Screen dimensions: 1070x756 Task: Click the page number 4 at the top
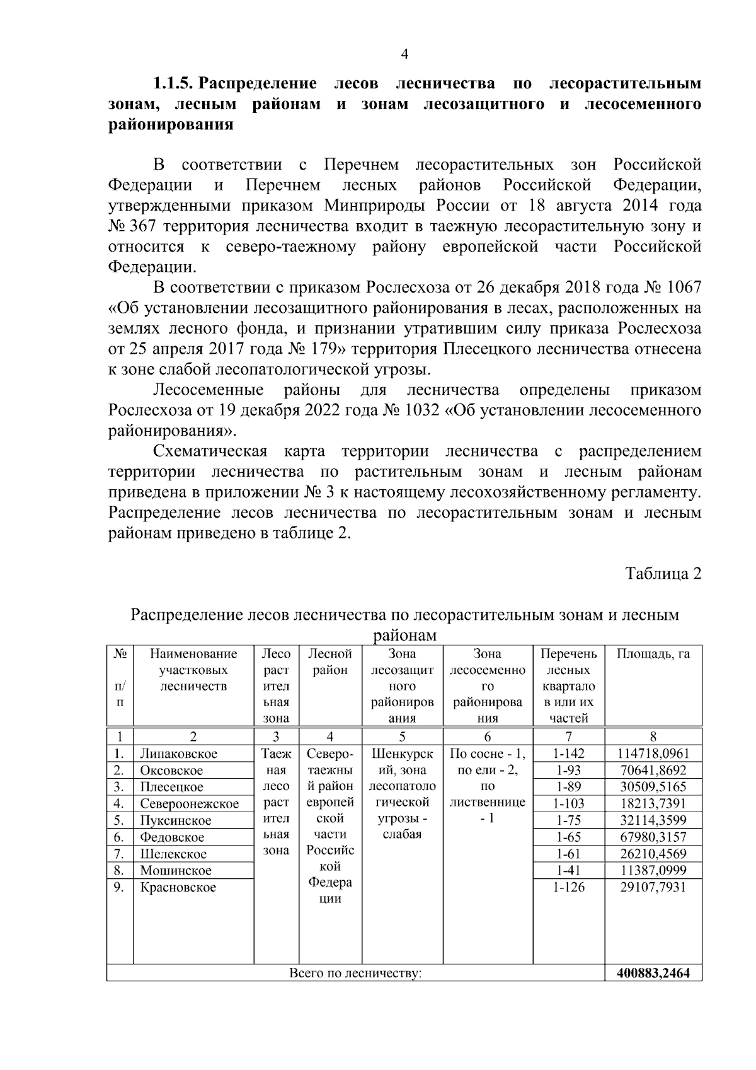(x=404, y=55)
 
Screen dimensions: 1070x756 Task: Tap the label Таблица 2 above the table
(x=663, y=574)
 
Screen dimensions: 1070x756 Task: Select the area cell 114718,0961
(x=653, y=753)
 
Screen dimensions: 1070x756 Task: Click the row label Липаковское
(x=178, y=753)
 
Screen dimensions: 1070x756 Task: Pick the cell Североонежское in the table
(x=189, y=804)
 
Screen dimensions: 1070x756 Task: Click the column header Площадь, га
(x=653, y=654)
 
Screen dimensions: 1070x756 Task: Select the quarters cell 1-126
(x=569, y=887)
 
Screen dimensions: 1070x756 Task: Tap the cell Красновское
(x=178, y=887)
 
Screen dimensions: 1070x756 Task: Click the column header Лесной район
(x=330, y=662)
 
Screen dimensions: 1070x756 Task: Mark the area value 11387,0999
(x=653, y=871)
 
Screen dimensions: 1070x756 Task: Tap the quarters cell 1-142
(x=569, y=753)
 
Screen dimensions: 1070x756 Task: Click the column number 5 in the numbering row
(x=402, y=736)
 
